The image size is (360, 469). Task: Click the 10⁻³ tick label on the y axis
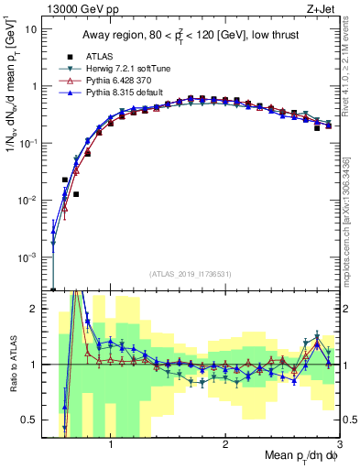pyautogui.click(x=28, y=258)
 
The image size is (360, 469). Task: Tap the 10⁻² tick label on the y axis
pyautogui.click(x=28, y=201)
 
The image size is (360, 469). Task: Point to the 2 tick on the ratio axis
pyautogui.click(x=35, y=310)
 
